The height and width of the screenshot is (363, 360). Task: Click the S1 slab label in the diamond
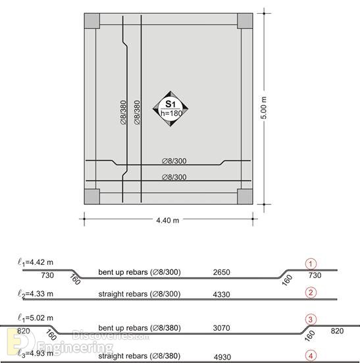[x=170, y=104]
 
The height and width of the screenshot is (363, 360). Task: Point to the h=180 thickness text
[x=171, y=113]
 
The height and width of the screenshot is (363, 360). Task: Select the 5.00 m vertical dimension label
[x=264, y=108]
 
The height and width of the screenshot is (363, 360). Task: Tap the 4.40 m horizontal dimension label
[x=168, y=220]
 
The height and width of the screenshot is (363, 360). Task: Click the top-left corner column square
[x=92, y=21]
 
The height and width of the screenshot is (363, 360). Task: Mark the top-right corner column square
[x=245, y=21]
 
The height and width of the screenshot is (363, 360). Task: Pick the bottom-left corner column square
[x=92, y=196]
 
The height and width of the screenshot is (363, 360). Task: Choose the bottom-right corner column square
[x=245, y=196]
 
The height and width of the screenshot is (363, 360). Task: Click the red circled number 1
[x=311, y=264]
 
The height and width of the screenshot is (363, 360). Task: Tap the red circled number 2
[x=311, y=293]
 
